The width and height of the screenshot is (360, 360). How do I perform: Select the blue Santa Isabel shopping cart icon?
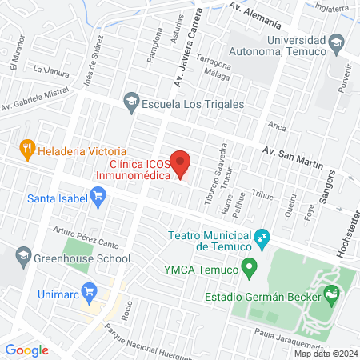tap(98, 196)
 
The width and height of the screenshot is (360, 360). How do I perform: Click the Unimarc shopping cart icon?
tap(87, 292)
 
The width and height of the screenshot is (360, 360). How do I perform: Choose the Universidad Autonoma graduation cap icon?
tap(337, 42)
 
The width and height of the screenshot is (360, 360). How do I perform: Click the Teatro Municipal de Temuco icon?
tap(261, 238)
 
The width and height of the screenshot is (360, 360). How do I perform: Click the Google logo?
tap(26, 350)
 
